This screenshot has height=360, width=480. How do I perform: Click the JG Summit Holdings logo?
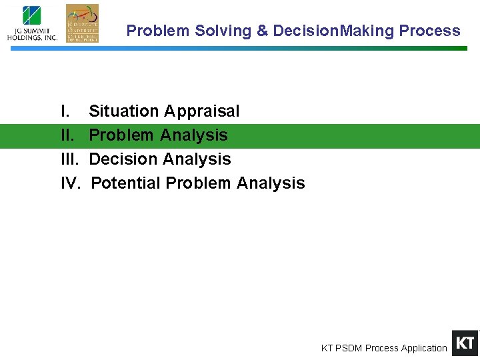click(32, 23)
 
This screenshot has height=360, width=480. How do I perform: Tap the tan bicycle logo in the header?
click(82, 23)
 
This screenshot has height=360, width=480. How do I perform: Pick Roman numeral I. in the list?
click(65, 111)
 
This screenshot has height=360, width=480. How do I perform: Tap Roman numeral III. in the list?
click(69, 159)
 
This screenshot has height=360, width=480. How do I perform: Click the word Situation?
click(124, 111)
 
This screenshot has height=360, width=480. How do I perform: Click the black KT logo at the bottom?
click(465, 343)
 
